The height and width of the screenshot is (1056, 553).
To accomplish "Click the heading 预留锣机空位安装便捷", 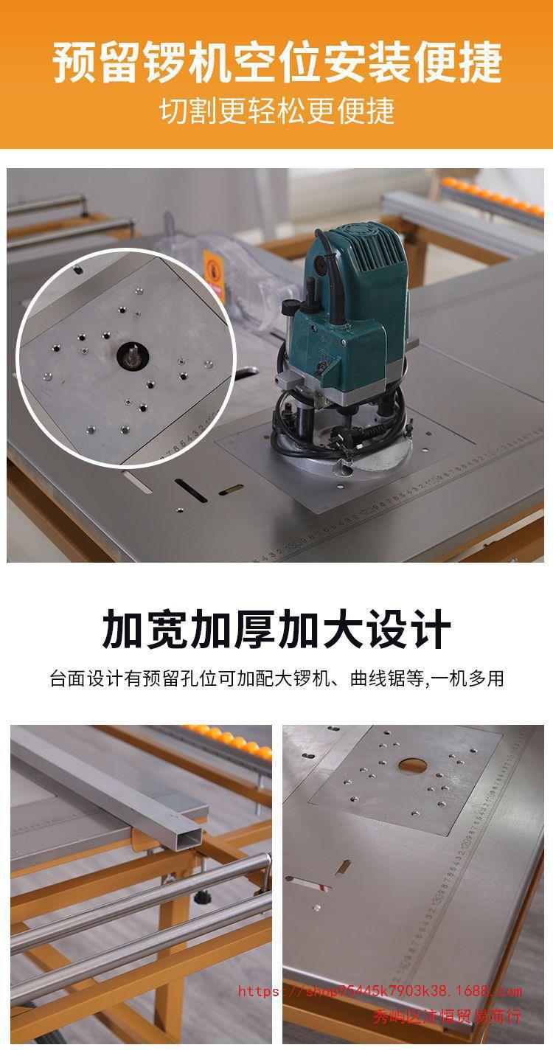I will click(276, 62).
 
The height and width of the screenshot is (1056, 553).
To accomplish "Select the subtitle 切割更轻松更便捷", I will click(276, 111).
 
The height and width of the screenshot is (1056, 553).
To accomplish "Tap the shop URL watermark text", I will click(380, 991).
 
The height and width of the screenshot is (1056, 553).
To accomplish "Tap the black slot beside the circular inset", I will click(192, 490).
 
